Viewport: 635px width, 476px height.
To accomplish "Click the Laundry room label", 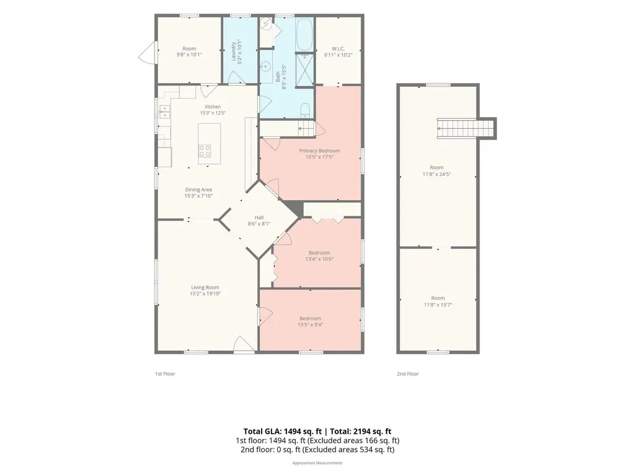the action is coord(233,52).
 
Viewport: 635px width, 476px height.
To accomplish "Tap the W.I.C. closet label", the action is coord(338,48).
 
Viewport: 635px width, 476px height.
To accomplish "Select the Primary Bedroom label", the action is coord(319,151).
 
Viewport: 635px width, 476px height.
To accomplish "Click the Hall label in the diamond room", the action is coord(259,218).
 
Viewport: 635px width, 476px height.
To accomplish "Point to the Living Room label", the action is coord(205,288).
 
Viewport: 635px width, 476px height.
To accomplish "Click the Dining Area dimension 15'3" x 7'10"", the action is coord(198,196).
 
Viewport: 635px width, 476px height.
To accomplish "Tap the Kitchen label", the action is coord(213,107).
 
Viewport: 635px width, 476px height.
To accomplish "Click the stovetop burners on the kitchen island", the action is coord(205,151).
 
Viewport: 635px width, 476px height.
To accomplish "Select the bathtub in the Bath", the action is coord(304,35).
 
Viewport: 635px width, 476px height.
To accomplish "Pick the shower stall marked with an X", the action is coord(304,70).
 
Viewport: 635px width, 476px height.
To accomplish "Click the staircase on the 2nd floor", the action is coord(466,129).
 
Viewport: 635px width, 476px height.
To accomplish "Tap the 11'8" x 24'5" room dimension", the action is coord(437,174).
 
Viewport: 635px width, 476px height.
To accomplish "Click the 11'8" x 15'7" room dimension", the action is coord(438,305).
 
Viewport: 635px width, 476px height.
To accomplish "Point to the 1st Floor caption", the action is coord(165,374).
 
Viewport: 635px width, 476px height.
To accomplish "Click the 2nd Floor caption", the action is coord(408,374).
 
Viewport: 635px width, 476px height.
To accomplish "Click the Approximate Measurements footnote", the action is coord(317,462).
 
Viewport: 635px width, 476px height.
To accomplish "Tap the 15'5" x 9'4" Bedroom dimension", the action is coord(310,325).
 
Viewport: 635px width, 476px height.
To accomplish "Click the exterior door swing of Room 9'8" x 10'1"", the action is coord(146,53).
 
